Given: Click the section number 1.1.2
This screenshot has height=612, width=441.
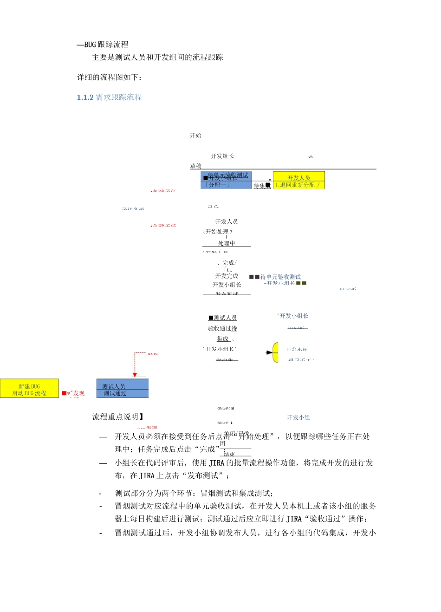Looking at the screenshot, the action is [85, 98].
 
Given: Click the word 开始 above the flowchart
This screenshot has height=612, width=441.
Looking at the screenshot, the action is [196, 136].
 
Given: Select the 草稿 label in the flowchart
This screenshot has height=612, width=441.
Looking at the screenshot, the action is [196, 166].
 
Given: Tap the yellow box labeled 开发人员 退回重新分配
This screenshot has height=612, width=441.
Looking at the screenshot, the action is [298, 181].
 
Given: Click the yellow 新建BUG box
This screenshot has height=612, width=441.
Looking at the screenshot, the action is [29, 389].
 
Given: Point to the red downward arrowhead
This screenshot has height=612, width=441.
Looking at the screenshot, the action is [135, 375].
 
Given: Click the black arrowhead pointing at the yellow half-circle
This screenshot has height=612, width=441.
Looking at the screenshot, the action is [269, 353].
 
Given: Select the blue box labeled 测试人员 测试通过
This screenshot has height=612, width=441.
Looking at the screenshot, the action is [123, 389].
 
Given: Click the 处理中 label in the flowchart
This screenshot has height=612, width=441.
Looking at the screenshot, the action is [227, 243].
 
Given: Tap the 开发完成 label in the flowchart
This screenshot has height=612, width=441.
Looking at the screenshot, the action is [227, 276].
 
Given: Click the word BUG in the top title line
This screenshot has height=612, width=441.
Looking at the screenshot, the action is [90, 45].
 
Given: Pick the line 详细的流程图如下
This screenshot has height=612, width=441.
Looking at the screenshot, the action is [110, 77].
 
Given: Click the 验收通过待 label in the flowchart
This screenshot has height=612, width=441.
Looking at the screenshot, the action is [222, 329].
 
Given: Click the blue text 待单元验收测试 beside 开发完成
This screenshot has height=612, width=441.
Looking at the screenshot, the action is [280, 277].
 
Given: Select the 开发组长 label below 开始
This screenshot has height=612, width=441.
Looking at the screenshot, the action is [222, 156].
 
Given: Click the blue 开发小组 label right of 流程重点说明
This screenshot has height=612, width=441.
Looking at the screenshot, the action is [298, 418].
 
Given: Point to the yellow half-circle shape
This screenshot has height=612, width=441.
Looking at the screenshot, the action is [276, 353].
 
